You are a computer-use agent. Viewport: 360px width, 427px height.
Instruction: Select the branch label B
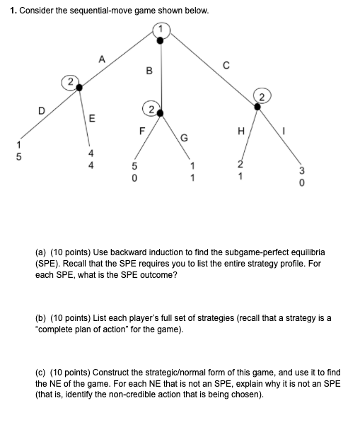[x=149, y=70]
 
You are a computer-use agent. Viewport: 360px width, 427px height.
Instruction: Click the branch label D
[x=41, y=110]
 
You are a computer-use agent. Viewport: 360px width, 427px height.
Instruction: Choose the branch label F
[x=141, y=129]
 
